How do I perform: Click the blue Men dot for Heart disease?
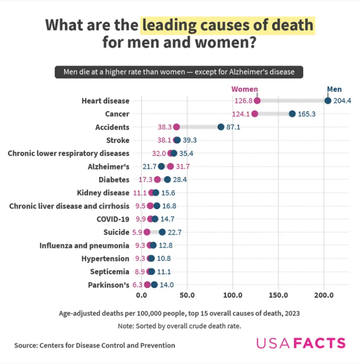(x=328, y=101)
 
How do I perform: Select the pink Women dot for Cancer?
(x=255, y=114)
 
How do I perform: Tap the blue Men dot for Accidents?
(x=221, y=127)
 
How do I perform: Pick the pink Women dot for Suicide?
(x=147, y=232)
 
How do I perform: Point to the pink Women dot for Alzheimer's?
(x=170, y=167)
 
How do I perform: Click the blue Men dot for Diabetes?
(x=167, y=180)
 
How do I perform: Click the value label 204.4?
(x=342, y=101)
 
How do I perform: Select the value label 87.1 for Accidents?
(x=234, y=127)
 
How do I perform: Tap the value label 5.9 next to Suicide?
(x=137, y=232)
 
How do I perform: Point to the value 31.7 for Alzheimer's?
(x=182, y=167)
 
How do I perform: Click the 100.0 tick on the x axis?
(x=233, y=295)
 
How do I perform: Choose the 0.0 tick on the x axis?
(x=141, y=295)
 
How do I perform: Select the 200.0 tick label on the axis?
(x=324, y=295)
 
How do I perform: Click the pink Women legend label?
(x=245, y=90)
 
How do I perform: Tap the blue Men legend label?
(x=334, y=90)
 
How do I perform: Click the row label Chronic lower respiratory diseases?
(x=68, y=153)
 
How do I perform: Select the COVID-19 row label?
(x=113, y=219)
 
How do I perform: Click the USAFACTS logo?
(x=301, y=343)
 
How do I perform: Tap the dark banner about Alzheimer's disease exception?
(x=180, y=71)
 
